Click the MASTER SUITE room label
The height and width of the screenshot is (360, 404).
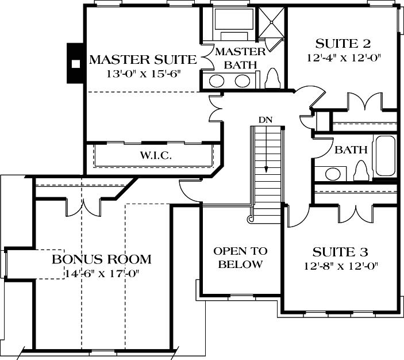click(x=143, y=60)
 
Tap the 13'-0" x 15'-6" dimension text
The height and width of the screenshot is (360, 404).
click(x=143, y=75)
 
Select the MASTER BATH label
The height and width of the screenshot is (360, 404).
click(x=240, y=58)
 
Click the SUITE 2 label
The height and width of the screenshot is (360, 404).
click(x=343, y=44)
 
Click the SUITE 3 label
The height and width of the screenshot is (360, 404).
click(x=340, y=252)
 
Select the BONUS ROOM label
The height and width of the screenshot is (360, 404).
click(x=102, y=259)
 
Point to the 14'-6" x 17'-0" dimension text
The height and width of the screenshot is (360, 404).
click(x=102, y=273)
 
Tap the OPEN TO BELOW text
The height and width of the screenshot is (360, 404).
click(x=240, y=258)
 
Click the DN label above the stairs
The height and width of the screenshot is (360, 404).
click(x=265, y=120)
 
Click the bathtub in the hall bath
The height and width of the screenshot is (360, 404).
click(x=383, y=156)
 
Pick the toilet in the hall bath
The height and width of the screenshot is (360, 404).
click(x=360, y=171)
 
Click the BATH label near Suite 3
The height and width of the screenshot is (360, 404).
click(x=351, y=150)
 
